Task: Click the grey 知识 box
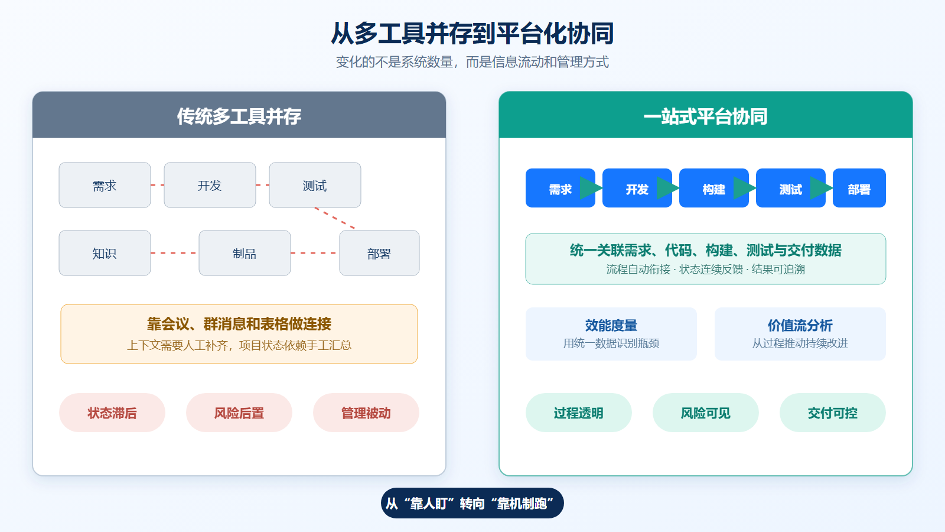[105, 253]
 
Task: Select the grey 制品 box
[245, 253]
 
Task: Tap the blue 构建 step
[714, 188]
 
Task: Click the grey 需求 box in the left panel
[105, 185]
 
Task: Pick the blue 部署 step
[859, 188]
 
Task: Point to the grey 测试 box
[315, 185]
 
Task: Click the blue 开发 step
[637, 188]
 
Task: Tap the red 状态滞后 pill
[112, 413]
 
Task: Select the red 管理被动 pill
[366, 413]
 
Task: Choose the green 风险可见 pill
[705, 413]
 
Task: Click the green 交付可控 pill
[832, 413]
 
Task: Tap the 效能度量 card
[611, 333]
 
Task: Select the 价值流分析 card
[800, 333]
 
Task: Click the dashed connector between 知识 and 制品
[175, 253]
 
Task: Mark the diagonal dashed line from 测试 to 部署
[335, 218]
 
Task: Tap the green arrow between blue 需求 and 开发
[591, 188]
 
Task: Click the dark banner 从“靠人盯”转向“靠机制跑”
[472, 503]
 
